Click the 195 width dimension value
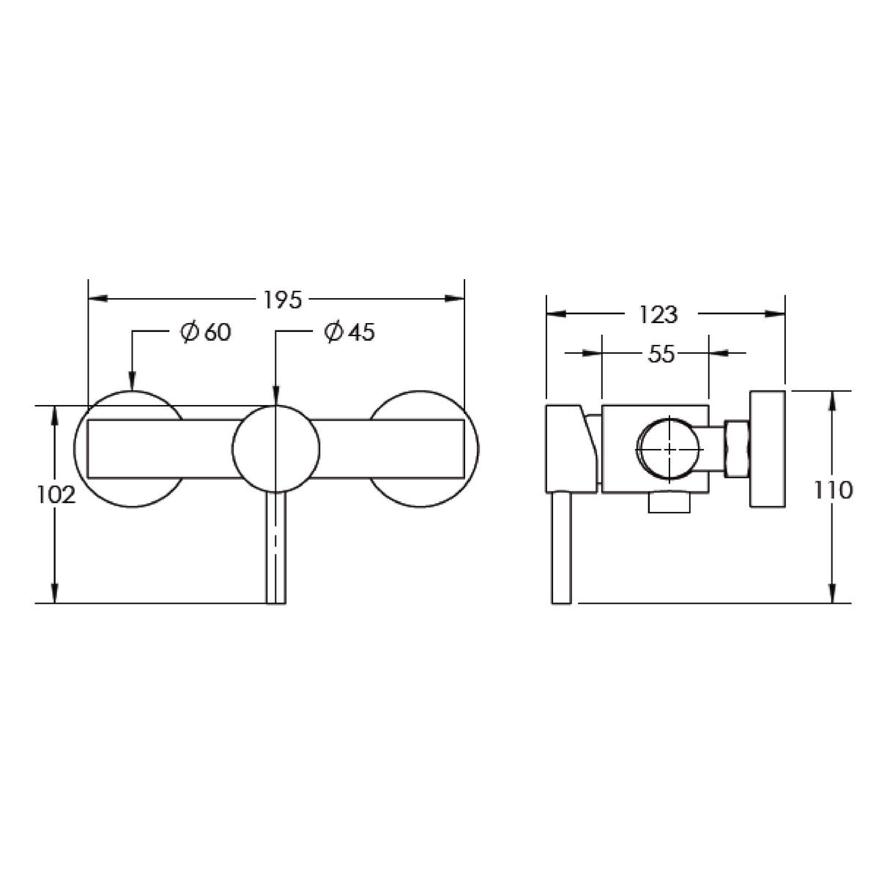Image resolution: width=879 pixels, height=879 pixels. tap(282, 300)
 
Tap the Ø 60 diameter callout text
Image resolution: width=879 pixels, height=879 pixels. tap(206, 332)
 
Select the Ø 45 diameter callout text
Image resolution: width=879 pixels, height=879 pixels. tap(349, 332)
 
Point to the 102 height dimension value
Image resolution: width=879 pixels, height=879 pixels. tap(56, 495)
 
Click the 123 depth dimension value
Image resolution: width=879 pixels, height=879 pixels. tap(659, 315)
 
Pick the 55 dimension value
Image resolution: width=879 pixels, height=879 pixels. tap(661, 354)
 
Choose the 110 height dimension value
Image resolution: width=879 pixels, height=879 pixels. tap(833, 491)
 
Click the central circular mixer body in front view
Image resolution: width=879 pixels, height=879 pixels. tap(275, 449)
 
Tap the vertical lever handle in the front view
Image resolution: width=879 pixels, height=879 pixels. tap(276, 547)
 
